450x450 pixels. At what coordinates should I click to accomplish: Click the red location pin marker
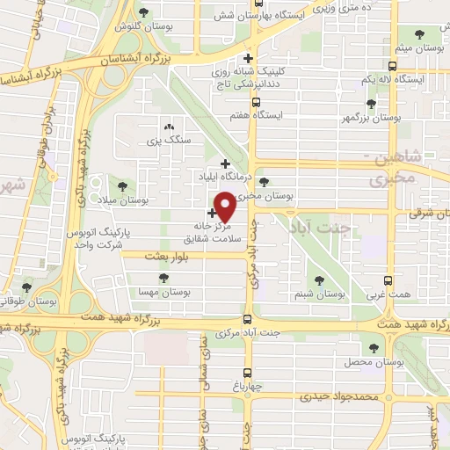pyautogui.click(x=226, y=207)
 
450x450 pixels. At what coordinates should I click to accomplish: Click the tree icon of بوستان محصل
pyautogui.click(x=375, y=347)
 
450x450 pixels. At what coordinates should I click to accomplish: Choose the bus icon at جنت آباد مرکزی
pyautogui.click(x=248, y=320)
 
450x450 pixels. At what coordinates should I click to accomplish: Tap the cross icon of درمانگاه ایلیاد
pyautogui.click(x=225, y=163)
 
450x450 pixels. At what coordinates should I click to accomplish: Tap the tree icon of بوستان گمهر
pyautogui.click(x=372, y=103)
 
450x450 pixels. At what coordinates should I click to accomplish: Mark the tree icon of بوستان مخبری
pyautogui.click(x=265, y=182)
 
